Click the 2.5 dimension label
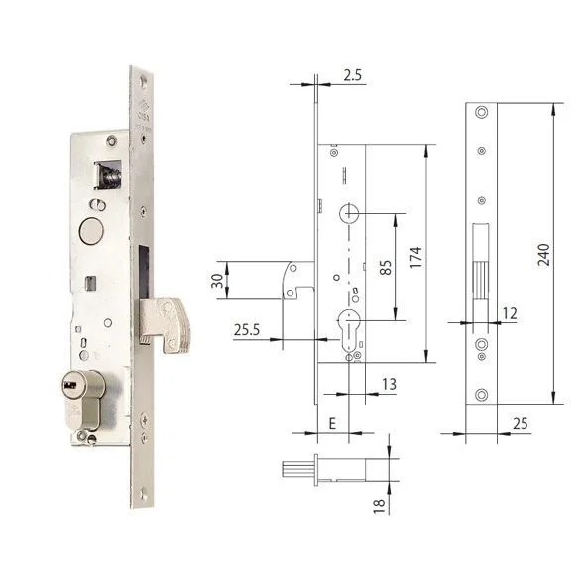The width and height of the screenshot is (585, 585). [353, 75]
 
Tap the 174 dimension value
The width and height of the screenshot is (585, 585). [416, 257]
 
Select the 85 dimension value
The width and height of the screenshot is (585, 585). [386, 267]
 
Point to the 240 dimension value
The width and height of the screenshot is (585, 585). [543, 255]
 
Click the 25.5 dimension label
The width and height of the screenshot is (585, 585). [247, 330]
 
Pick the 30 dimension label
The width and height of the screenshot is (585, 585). [217, 281]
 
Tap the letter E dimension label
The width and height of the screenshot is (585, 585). [332, 423]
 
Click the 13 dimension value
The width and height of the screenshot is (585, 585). [389, 384]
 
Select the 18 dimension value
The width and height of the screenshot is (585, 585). [379, 506]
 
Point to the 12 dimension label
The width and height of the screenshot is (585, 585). [510, 313]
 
